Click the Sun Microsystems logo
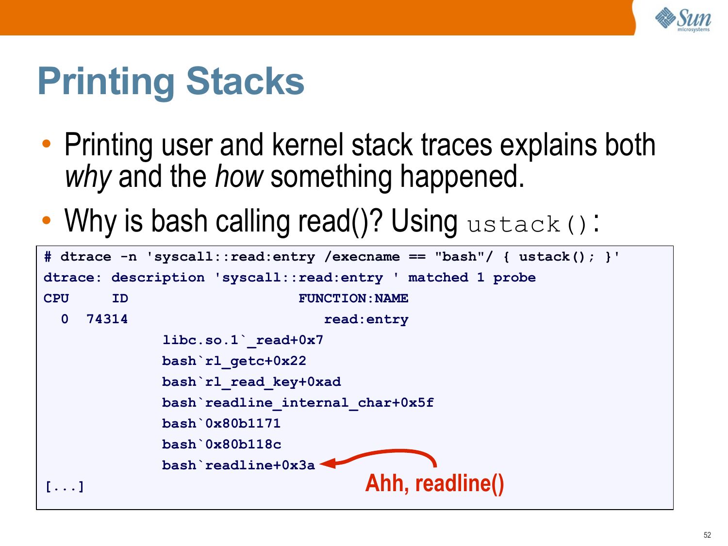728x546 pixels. tap(683, 19)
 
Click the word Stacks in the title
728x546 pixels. tap(245, 82)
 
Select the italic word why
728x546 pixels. tap(88, 177)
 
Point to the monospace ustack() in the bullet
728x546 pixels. tap(527, 225)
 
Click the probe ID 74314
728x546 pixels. tap(107, 319)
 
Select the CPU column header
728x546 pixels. tap(56, 298)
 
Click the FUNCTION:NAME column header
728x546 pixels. tap(353, 298)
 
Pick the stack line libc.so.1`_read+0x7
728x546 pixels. tap(243, 341)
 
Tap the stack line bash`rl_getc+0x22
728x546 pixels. tap(234, 361)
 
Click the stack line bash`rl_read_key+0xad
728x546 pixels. tap(251, 382)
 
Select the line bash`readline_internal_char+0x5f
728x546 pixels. tap(298, 403)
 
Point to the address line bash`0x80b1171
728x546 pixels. tap(221, 423)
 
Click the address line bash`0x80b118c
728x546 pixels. tap(221, 444)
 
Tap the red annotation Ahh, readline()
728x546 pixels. tap(434, 483)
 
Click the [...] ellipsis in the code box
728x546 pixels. tap(65, 487)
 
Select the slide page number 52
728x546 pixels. tap(707, 535)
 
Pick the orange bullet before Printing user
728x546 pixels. tap(47, 144)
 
